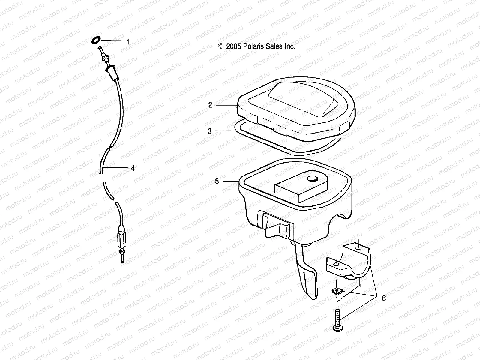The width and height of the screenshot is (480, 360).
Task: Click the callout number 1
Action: coord(128,42)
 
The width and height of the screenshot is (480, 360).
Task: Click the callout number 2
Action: coord(210,105)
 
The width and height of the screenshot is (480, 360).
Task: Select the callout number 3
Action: coord(210,131)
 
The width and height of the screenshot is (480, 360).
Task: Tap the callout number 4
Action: coord(133,168)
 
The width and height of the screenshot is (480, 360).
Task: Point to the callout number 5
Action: coord(217,181)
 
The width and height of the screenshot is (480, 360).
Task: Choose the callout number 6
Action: coord(384,298)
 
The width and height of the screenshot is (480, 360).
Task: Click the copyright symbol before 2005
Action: coord(221,46)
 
